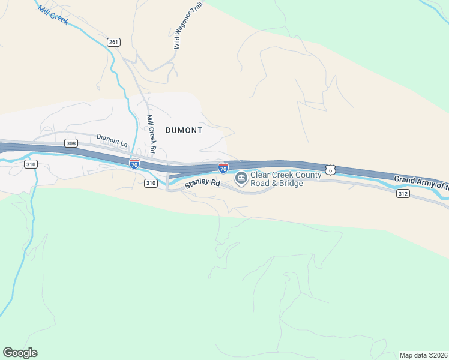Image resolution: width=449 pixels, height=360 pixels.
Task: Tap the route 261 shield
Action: coord(114,41)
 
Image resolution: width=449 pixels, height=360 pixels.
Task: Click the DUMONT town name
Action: coord(184,130)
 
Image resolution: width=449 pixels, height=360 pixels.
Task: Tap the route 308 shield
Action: coord(71,143)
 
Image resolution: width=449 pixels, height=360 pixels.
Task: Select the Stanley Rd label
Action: coord(202,183)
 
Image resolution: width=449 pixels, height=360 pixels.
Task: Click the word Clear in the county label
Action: coord(262,175)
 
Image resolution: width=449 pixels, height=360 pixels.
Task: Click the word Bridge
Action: coord(289,183)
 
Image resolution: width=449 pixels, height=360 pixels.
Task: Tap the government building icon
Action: coord(241,178)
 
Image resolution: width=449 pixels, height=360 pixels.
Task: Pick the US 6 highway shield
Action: coord(330,170)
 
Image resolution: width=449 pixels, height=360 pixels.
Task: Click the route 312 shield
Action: coord(403,193)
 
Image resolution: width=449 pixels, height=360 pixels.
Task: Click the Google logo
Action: coord(20,353)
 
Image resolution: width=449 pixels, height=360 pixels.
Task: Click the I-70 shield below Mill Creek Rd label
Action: coord(134,164)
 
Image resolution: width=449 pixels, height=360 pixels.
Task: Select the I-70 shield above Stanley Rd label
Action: coord(223,169)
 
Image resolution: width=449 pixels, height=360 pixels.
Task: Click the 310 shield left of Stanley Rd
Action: coord(151,183)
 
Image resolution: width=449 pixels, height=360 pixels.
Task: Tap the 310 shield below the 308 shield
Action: coord(31,164)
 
